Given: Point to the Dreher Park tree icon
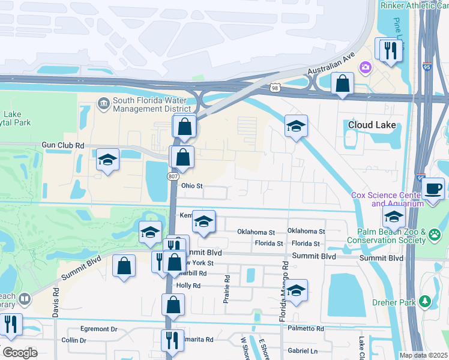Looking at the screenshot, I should pyautogui.click(x=426, y=301).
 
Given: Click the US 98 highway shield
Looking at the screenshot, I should pyautogui.click(x=275, y=88).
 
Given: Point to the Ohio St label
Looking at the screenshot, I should pyautogui.click(x=193, y=186).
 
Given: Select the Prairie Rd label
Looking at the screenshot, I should pyautogui.click(x=227, y=289).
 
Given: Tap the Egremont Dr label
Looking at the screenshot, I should pyautogui.click(x=100, y=329).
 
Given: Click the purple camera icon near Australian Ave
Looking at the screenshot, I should pyautogui.click(x=365, y=67).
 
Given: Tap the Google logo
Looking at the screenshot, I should pyautogui.click(x=20, y=353).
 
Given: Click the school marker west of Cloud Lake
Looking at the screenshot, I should pyautogui.click(x=296, y=126).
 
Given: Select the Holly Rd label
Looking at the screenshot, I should pyautogui.click(x=188, y=286).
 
